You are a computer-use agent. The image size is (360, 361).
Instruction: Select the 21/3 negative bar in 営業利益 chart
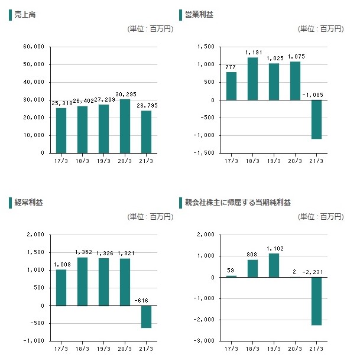[x=316, y=119]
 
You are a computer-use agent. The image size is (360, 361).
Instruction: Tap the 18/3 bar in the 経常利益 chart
[x=82, y=281]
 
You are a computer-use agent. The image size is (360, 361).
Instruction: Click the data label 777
[x=231, y=67]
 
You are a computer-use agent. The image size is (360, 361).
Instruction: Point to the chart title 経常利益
[x=28, y=203]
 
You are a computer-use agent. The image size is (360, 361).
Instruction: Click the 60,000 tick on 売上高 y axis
[x=35, y=47]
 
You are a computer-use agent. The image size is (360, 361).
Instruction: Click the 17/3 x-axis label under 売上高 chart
[x=61, y=160]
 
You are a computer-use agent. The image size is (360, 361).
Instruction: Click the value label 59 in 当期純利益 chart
[x=231, y=271]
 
